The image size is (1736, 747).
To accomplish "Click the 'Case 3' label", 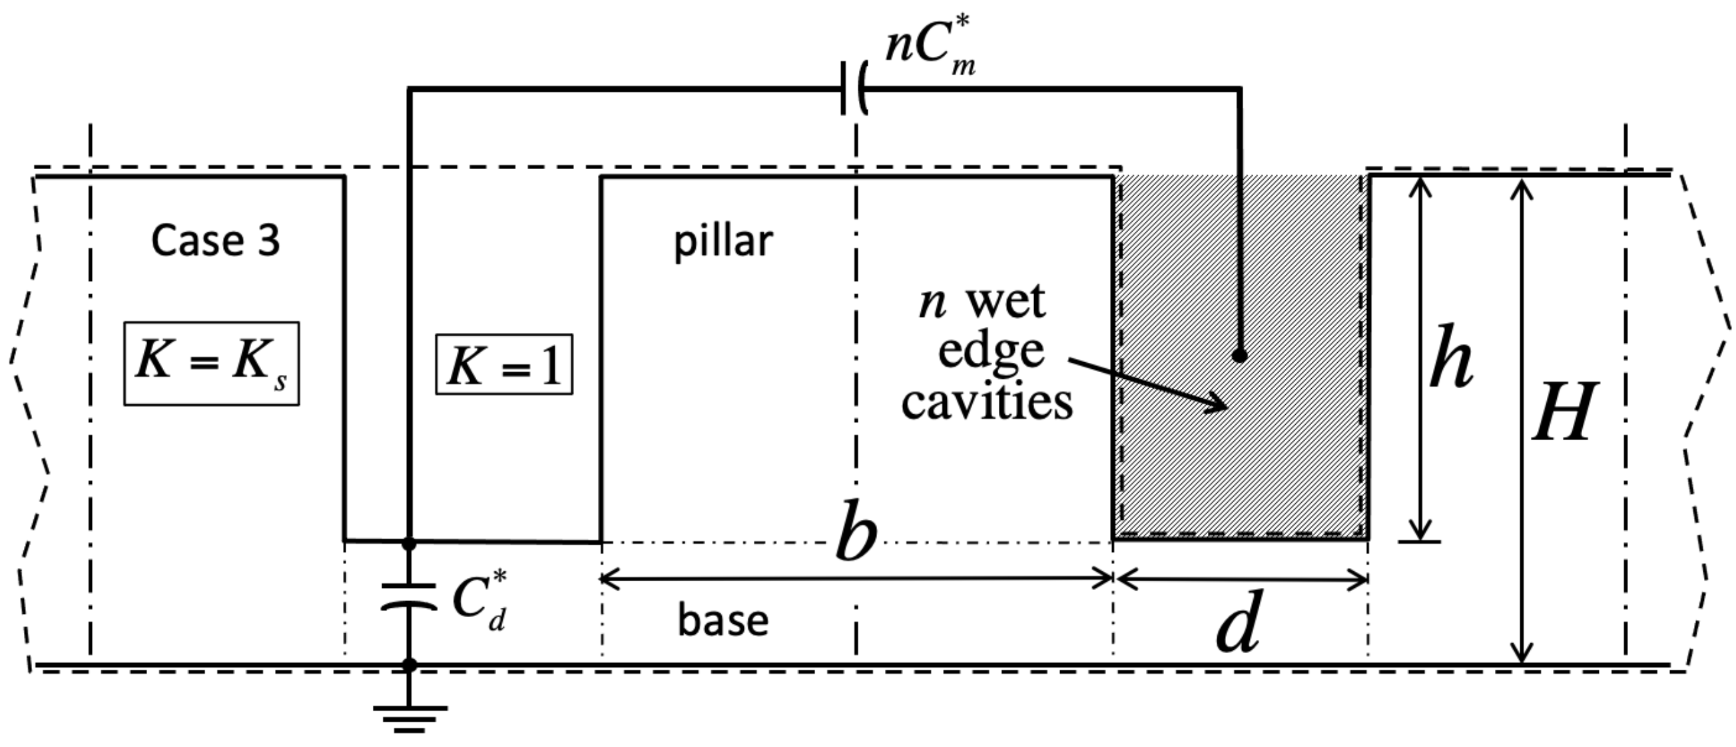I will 215,240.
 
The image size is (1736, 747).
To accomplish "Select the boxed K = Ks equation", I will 212,364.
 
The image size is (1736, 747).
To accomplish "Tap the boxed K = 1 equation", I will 504,364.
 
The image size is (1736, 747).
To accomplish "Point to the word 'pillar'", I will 723,242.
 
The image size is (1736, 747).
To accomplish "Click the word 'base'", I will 723,621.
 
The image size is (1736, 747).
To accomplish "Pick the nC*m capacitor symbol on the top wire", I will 854,89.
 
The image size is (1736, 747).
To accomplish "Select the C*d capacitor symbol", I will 409,597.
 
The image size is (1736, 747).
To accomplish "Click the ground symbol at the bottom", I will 409,718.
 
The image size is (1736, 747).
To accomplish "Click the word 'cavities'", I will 988,403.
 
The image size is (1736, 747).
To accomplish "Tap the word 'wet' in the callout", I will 1006,301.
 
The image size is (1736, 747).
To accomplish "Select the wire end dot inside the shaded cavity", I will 1239,356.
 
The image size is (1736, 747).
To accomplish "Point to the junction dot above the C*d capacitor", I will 409,542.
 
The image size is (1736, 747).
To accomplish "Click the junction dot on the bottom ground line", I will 409,665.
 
